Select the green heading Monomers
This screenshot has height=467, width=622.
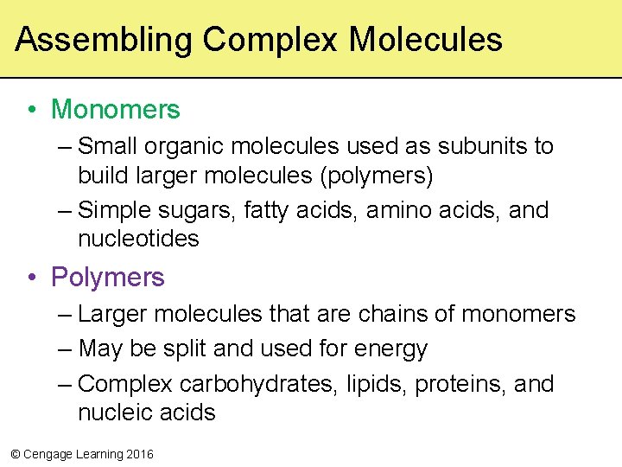pyautogui.click(x=116, y=110)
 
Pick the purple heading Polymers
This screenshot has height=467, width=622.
pyautogui.click(x=107, y=278)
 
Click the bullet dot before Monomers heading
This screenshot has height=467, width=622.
pyautogui.click(x=31, y=111)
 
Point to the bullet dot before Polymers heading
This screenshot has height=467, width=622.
pyautogui.click(x=31, y=278)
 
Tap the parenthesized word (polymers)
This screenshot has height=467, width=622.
pyautogui.click(x=378, y=176)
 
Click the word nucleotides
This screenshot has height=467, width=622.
pyautogui.click(x=138, y=239)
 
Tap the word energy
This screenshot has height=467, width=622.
pyautogui.click(x=390, y=349)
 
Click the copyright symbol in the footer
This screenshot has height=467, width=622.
pyautogui.click(x=15, y=454)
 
